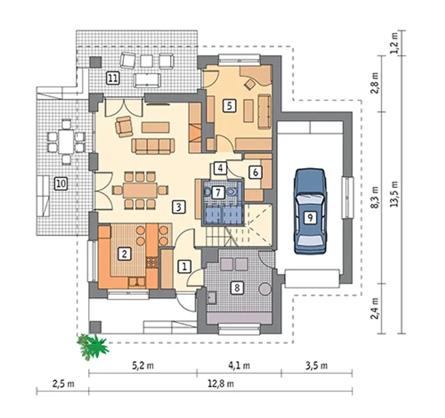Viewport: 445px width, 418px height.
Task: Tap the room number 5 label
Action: tap(229, 106)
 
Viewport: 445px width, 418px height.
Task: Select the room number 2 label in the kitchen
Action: tap(124, 254)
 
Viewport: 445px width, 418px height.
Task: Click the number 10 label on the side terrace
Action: tap(61, 184)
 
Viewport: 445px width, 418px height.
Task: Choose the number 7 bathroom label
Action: tap(218, 192)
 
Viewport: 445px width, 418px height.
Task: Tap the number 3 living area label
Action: tap(179, 207)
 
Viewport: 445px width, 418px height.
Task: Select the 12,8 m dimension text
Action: tap(221, 385)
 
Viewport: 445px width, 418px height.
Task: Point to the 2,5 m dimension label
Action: tap(63, 385)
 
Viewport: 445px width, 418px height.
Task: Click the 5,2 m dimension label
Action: tap(143, 366)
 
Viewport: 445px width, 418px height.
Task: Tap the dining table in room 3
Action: tap(140, 190)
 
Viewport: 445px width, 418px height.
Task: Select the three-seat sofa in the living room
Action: tap(153, 146)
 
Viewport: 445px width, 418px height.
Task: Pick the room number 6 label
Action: tap(256, 173)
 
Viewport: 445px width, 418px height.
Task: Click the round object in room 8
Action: tap(265, 289)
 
